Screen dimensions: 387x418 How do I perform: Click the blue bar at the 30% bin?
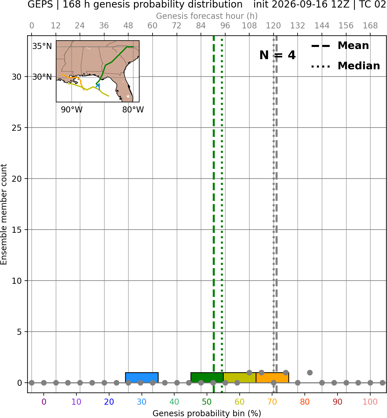coord(142,378)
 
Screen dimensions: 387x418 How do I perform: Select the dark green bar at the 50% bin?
coord(207,378)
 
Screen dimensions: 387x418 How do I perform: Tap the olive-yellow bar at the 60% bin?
coord(240,378)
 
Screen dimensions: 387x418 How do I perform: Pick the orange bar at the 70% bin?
coord(272,378)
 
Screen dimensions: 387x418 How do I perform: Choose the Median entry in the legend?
coord(346,66)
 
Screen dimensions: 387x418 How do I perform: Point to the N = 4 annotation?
coord(278,55)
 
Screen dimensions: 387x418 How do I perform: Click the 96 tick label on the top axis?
coord(225,26)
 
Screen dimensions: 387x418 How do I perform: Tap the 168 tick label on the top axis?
coord(370,26)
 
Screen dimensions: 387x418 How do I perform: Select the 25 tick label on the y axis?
coord(16,128)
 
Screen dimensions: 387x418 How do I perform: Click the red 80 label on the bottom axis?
coord(305,402)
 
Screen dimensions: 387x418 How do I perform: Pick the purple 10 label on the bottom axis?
coord(76,402)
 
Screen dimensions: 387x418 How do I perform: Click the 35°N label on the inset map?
coord(42,46)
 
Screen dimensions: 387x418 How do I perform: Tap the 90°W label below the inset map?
coord(72,110)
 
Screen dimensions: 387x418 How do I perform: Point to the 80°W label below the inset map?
coord(133,110)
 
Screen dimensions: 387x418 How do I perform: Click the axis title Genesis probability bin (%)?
coord(207,413)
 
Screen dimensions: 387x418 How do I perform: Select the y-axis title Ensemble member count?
coord(3,214)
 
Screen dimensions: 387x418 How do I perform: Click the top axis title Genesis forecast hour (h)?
coord(207,16)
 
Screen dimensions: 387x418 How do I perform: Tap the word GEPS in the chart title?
coord(40,4)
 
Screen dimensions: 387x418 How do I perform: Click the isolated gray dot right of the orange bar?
coord(310,372)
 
